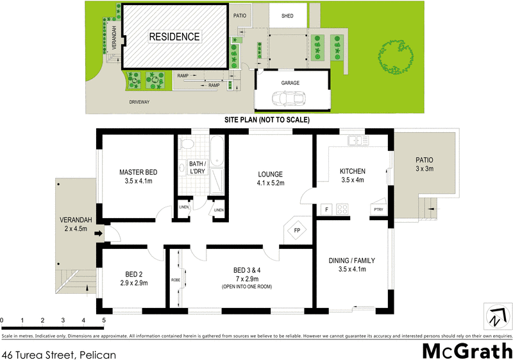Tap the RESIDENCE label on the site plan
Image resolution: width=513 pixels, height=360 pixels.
tap(174, 37)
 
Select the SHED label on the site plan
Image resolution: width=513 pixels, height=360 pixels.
tap(287, 16)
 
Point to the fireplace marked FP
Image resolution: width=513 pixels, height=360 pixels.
tap(297, 230)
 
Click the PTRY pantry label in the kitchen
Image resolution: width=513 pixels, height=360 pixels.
tap(378, 209)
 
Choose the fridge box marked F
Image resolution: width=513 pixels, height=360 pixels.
tap(326, 209)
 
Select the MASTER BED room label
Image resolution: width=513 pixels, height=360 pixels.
tap(139, 173)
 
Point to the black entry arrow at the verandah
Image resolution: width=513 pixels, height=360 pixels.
tap(98, 234)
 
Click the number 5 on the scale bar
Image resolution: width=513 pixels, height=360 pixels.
tap(104, 320)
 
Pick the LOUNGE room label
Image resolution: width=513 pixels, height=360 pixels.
tap(271, 175)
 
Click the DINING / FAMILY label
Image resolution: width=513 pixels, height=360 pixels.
tap(352, 261)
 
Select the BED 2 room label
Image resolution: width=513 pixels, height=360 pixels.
tap(134, 273)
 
